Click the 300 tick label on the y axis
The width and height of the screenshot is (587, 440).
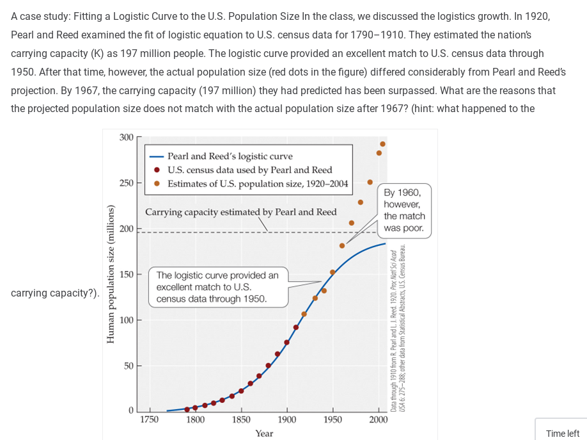pyautogui.click(x=126, y=137)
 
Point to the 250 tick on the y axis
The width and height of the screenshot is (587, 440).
pyautogui.click(x=126, y=183)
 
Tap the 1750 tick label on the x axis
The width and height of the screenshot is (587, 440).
pyautogui.click(x=150, y=420)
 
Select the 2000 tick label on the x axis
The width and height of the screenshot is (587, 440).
pyautogui.click(x=378, y=420)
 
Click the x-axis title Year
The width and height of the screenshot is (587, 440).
pyautogui.click(x=264, y=434)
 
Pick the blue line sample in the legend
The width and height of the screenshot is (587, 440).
pyautogui.click(x=157, y=156)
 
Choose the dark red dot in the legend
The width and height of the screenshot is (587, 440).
pyautogui.click(x=157, y=170)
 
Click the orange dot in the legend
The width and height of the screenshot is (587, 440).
pyautogui.click(x=157, y=184)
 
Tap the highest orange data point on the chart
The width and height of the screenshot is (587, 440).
pyautogui.click(x=382, y=143)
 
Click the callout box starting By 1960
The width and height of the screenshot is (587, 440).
pyautogui.click(x=404, y=210)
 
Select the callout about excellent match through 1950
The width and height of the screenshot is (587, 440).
pyautogui.click(x=217, y=286)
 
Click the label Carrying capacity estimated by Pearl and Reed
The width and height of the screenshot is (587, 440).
pyautogui.click(x=240, y=212)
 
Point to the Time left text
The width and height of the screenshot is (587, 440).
pyautogui.click(x=562, y=434)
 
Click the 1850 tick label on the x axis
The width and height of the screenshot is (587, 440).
pyautogui.click(x=241, y=420)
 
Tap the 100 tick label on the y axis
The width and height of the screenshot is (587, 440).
pyautogui.click(x=126, y=320)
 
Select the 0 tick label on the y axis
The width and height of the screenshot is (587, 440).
pyautogui.click(x=130, y=411)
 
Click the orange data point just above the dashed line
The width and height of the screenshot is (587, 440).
pyautogui.click(x=351, y=223)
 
